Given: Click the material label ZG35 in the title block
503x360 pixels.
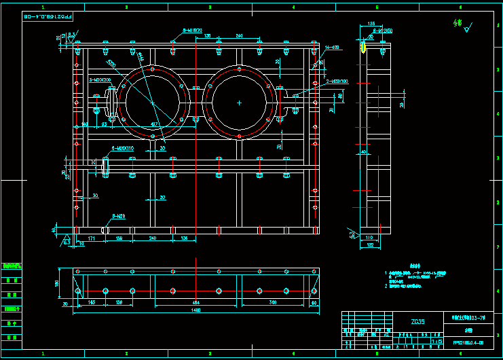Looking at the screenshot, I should click(x=418, y=322).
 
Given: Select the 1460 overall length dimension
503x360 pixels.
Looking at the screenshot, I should click(x=195, y=310).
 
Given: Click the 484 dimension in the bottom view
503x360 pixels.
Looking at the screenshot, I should click(x=196, y=301).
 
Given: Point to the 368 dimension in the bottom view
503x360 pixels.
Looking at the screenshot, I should click(x=272, y=301).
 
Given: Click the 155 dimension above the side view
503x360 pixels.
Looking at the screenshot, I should click(x=371, y=24).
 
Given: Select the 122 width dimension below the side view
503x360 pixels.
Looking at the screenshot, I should click(x=370, y=244).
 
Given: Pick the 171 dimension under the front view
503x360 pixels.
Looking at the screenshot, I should click(x=91, y=238).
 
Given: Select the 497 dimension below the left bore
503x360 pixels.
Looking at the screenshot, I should click(x=154, y=124).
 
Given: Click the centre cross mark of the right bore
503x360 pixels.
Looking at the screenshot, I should click(x=239, y=103).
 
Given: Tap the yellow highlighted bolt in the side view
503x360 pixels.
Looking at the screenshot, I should click(x=363, y=48).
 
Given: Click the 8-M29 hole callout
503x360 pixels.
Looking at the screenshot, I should click(x=119, y=216).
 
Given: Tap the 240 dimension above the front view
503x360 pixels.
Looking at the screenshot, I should click(x=239, y=35).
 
